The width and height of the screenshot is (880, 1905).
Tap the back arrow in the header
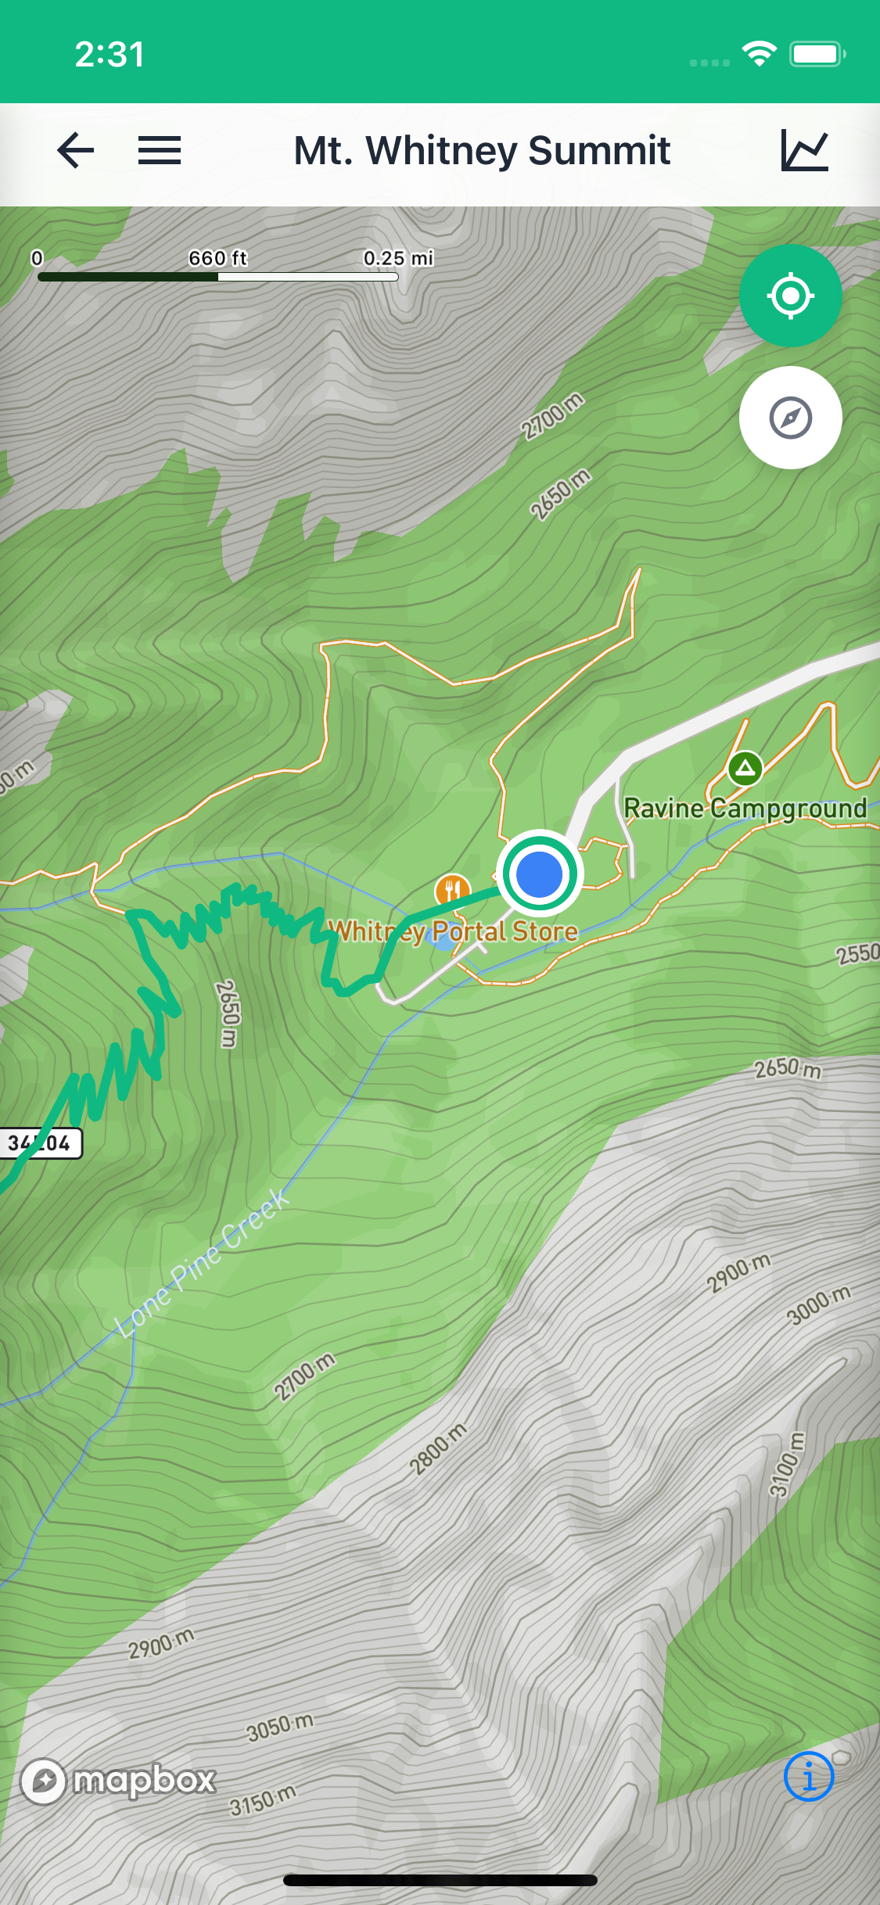click(x=76, y=150)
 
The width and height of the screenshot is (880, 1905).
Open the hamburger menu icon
click(x=160, y=150)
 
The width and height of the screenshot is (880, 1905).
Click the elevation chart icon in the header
click(x=804, y=150)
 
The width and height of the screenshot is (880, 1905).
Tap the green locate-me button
click(x=790, y=296)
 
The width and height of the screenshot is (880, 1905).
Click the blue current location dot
click(x=539, y=874)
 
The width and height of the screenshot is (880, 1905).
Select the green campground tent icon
click(x=745, y=768)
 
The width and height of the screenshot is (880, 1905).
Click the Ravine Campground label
click(x=745, y=809)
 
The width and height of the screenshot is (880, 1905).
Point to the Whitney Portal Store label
click(x=454, y=932)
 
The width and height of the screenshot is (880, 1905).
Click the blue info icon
click(x=808, y=1777)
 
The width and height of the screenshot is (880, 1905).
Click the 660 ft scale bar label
click(x=217, y=258)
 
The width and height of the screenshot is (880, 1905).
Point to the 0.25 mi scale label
click(x=398, y=258)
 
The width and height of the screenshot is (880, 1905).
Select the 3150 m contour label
click(x=263, y=1800)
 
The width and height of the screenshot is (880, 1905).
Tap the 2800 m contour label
click(x=438, y=1448)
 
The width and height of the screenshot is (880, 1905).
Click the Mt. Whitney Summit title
click(x=482, y=150)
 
